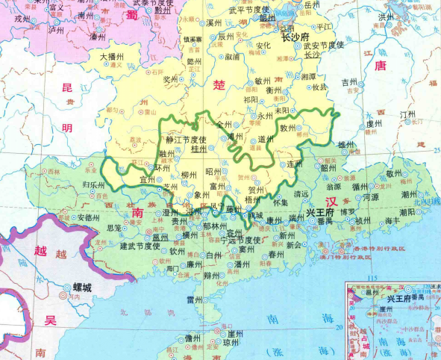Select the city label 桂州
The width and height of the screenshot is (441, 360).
pos(199,149)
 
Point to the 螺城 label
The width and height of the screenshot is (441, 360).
pos(82,287)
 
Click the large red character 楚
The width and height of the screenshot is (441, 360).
pos(219,84)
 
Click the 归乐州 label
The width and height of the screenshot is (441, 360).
pos(93,183)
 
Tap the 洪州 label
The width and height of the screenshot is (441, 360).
pos(386,16)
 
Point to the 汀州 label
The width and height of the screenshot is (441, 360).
pos(407,114)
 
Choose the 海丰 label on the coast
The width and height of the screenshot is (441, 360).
pos(393,221)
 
